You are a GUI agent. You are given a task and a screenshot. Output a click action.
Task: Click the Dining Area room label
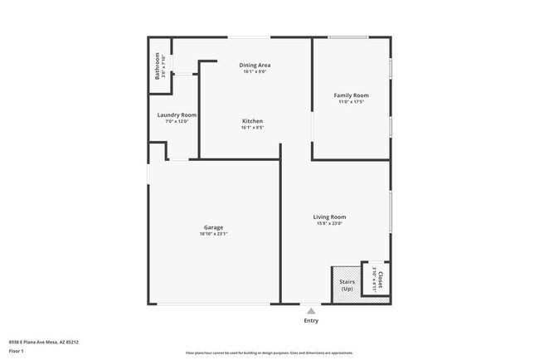click(x=255, y=65)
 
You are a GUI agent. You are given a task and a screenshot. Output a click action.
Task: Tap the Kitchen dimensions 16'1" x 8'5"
click(x=252, y=128)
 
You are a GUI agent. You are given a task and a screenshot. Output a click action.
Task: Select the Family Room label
click(x=351, y=95)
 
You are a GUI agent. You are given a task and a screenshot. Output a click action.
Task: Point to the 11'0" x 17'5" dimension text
click(x=351, y=102)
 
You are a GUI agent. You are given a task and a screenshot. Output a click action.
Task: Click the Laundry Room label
click(x=177, y=114)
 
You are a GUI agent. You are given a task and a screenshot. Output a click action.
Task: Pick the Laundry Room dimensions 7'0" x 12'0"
click(x=177, y=121)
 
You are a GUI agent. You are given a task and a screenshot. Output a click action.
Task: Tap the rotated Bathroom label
click(x=157, y=66)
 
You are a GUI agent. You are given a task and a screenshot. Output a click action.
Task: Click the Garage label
click(x=213, y=227)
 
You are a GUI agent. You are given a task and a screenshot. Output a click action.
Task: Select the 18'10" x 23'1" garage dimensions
click(x=213, y=234)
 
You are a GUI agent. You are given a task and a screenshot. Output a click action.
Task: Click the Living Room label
click(x=329, y=217)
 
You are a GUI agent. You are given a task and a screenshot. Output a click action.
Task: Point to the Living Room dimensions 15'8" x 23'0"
click(x=329, y=224)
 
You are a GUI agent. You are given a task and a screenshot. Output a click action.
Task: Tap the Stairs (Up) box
click(x=347, y=285)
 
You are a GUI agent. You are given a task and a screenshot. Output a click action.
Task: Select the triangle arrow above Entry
click(x=311, y=311)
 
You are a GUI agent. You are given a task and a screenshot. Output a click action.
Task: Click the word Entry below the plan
click(x=311, y=321)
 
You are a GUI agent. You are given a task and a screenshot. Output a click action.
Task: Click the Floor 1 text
click(x=17, y=352)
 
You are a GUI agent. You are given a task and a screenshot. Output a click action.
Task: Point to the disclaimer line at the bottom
click(x=269, y=352)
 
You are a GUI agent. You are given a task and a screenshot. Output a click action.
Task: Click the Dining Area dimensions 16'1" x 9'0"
click(x=255, y=71)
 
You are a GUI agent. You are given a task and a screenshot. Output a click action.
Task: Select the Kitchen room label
click(x=252, y=121)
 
